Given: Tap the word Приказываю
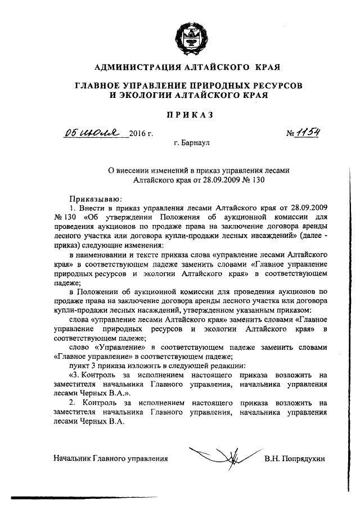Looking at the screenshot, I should click(91, 198).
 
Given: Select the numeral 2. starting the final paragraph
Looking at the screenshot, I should click(71, 403).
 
